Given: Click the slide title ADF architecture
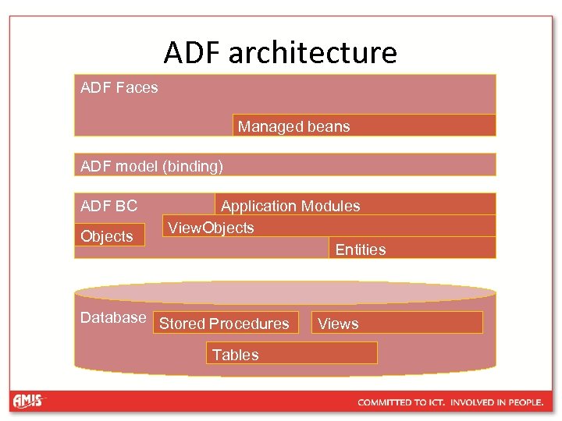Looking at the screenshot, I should click(280, 53).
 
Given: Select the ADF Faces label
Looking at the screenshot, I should click(119, 87).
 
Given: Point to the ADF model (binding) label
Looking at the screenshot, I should click(151, 165).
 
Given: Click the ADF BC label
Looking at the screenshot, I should click(108, 206).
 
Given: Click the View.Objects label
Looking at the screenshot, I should click(211, 228).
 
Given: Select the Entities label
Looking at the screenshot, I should click(360, 249).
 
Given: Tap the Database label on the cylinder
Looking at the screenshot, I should click(113, 317).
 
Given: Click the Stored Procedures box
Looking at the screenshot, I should click(226, 324).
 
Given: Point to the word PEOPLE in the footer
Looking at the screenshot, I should click(524, 402).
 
